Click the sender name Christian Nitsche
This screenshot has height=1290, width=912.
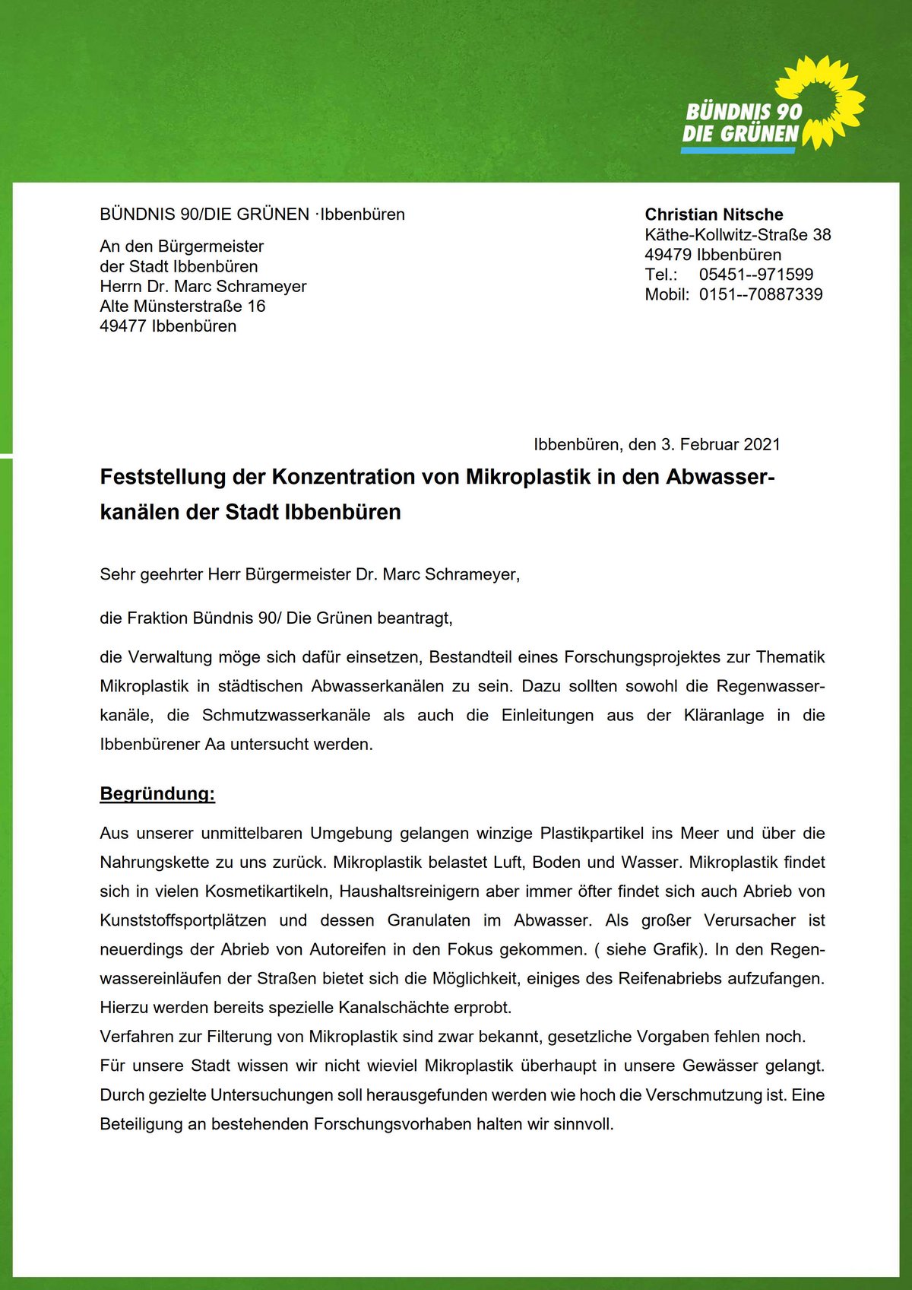click(714, 214)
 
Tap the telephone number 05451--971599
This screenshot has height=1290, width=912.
click(755, 275)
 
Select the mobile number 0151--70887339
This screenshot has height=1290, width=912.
click(760, 294)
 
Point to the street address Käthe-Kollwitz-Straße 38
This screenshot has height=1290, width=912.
click(737, 235)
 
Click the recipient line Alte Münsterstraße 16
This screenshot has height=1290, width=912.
click(182, 307)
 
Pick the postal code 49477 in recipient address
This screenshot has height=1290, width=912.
click(122, 326)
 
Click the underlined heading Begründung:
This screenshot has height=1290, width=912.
click(157, 794)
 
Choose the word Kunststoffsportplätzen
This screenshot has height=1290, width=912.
click(183, 920)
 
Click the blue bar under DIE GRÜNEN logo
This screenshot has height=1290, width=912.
click(737, 151)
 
